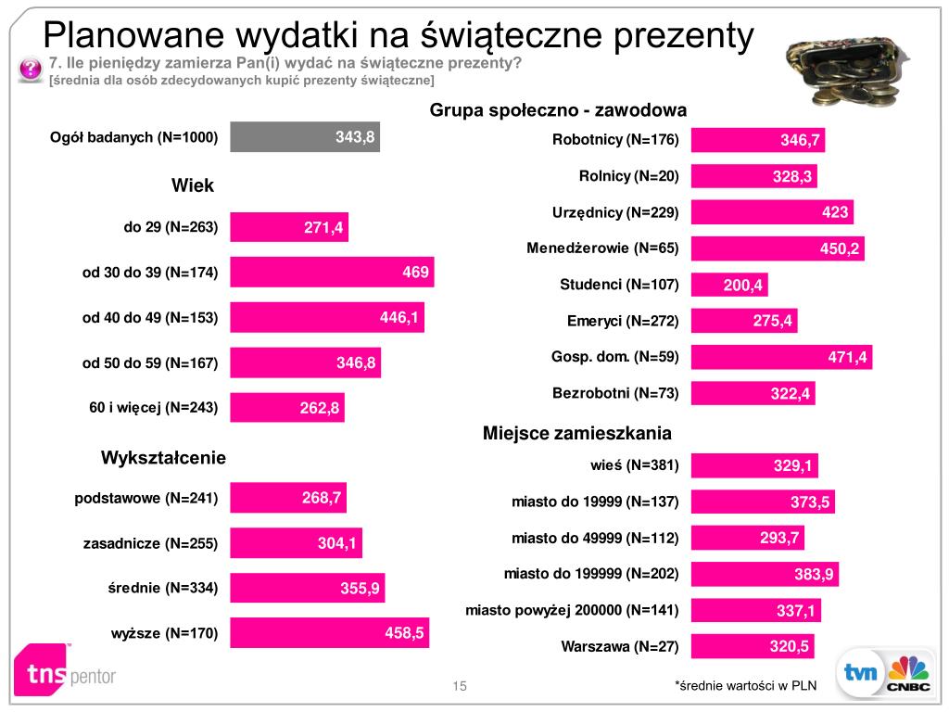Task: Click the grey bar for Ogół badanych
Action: pyautogui.click(x=304, y=137)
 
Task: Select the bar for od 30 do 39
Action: pyautogui.click(x=332, y=272)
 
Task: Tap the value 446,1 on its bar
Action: pyautogui.click(x=399, y=318)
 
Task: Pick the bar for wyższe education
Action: pyautogui.click(x=329, y=633)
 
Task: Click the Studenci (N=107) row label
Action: pyautogui.click(x=620, y=285)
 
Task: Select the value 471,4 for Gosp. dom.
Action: pyautogui.click(x=847, y=357)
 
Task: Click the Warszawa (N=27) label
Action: pyautogui.click(x=620, y=646)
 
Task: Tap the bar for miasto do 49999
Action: pyautogui.click(x=748, y=538)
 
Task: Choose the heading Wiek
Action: pyautogui.click(x=193, y=185)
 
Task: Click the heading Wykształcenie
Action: pyautogui.click(x=163, y=458)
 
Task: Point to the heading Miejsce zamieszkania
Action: pyautogui.click(x=577, y=433)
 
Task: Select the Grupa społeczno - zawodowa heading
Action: pyautogui.click(x=558, y=110)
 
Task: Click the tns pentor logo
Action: pyautogui.click(x=65, y=669)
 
